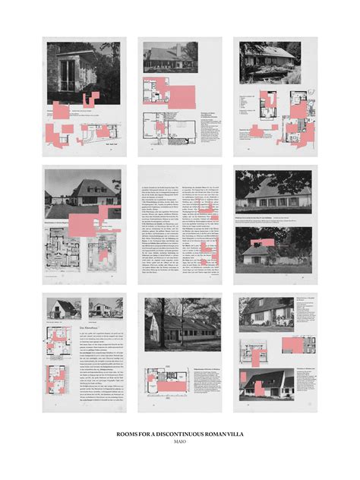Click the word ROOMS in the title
click(125, 434)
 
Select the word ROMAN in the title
click(215, 434)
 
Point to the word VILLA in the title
click(236, 434)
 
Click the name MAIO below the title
click(180, 441)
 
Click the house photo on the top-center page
click(172, 56)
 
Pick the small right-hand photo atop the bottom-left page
click(104, 308)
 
